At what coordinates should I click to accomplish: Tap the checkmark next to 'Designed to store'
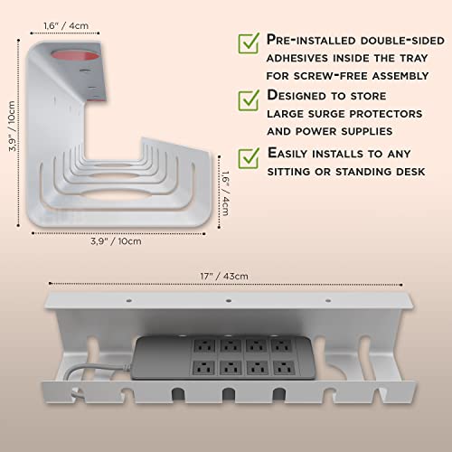click(248, 99)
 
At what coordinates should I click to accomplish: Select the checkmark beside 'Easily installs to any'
click(248, 154)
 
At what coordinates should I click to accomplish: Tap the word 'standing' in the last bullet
click(367, 172)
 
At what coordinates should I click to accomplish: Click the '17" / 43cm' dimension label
click(227, 276)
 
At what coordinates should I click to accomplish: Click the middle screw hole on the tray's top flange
click(227, 301)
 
